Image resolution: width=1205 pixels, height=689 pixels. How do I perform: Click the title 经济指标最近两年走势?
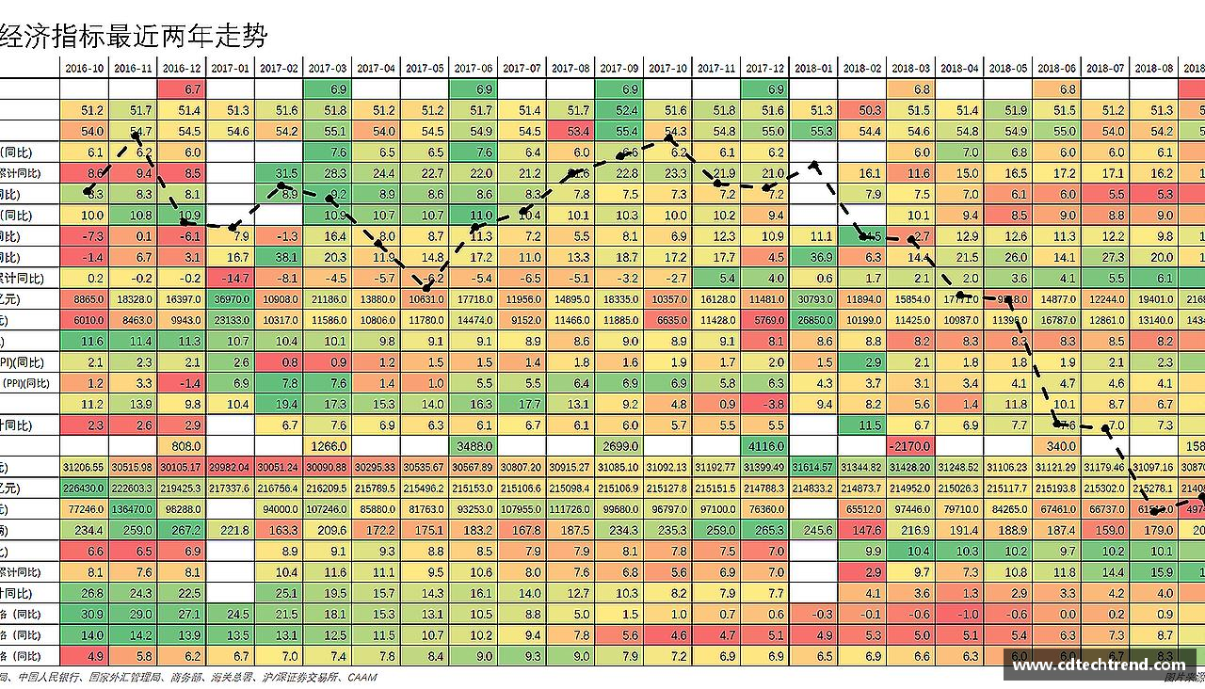pos(135,37)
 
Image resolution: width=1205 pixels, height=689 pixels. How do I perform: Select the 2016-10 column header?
pos(85,69)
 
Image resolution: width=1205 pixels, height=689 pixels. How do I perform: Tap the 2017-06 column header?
pos(473,69)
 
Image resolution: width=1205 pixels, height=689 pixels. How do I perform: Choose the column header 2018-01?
pos(813,69)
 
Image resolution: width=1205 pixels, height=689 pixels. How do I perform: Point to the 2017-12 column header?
pos(764,69)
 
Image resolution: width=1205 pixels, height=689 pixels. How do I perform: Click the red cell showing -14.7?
pos(231,279)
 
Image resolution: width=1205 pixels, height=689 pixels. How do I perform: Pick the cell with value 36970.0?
pos(231,299)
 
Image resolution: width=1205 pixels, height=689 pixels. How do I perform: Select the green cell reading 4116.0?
pos(764,446)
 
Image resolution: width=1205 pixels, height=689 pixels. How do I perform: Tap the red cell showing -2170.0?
pos(910,446)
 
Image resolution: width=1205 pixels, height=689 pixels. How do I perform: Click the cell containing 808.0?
pos(182,446)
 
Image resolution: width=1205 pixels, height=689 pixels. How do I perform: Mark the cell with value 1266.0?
pos(328,446)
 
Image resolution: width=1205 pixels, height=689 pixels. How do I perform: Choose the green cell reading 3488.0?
pos(473,446)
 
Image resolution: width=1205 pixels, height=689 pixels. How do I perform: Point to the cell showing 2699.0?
pos(619,446)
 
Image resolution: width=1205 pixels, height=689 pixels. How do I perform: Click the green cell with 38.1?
pos(280,257)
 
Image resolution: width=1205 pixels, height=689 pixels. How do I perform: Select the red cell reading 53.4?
pos(570,132)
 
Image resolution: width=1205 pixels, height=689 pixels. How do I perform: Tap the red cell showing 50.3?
pos(861,111)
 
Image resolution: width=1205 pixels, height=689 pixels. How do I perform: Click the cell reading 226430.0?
pos(85,489)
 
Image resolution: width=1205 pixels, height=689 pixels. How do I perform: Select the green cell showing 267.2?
pos(182,530)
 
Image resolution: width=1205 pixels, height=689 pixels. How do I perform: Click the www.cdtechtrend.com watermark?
pos(1099,665)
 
